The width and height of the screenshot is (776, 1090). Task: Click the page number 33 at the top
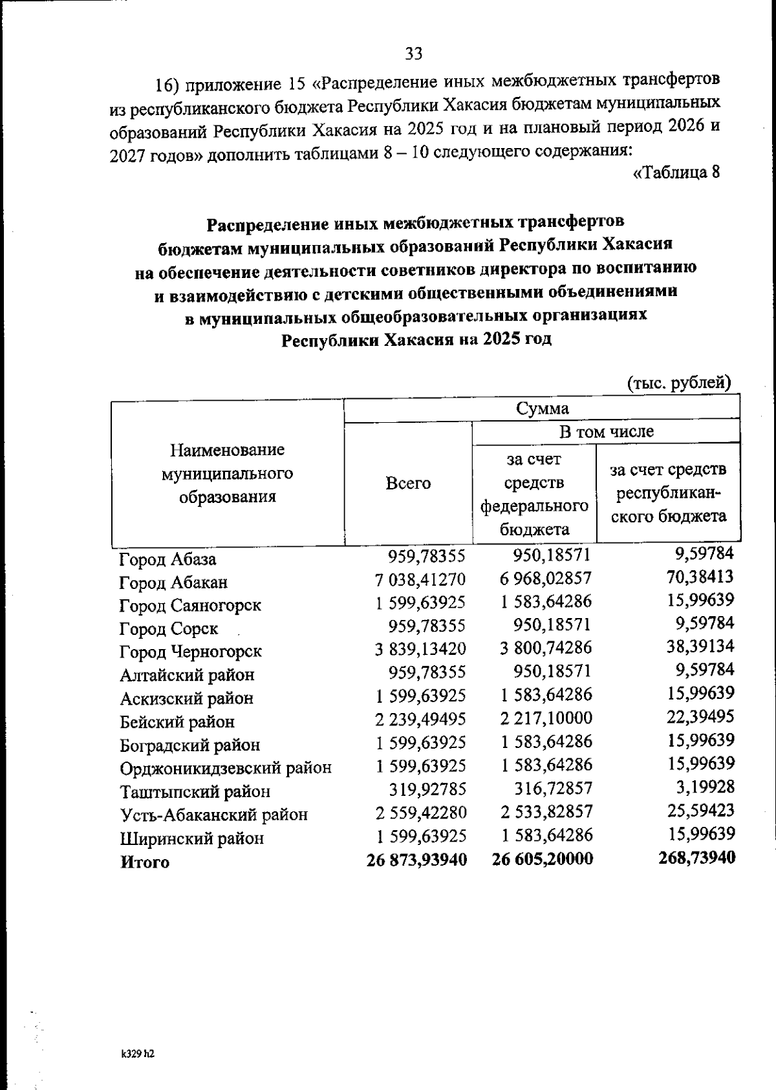[x=414, y=54]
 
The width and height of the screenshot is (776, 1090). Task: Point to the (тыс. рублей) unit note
[x=679, y=383]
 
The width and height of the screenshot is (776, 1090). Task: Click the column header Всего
[x=407, y=484]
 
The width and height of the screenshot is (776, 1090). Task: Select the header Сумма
[x=542, y=409]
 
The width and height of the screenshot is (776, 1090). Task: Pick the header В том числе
[x=606, y=431]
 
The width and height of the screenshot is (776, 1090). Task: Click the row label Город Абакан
[x=173, y=582]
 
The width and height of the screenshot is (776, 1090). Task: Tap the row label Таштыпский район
[x=195, y=792]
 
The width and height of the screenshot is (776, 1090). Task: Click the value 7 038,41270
[x=420, y=579]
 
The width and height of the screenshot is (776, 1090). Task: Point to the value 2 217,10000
[x=546, y=718]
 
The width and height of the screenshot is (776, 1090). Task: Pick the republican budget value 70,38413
[x=700, y=577]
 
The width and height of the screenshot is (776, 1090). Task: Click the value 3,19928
[x=705, y=787]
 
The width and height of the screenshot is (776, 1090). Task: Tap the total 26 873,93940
[x=416, y=859]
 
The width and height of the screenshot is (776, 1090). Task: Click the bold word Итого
[x=145, y=862]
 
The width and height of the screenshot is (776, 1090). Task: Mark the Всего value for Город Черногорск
[x=420, y=649]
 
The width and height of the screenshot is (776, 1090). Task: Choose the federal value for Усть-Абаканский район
[x=546, y=812]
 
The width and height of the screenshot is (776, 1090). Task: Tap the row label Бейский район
[x=177, y=722]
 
